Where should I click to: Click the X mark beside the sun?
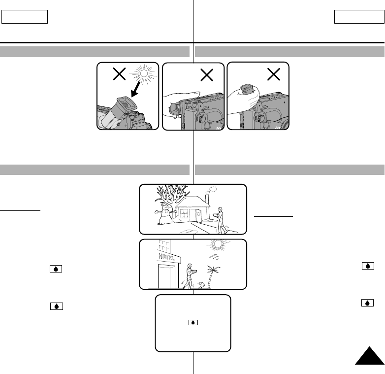[x=119, y=74]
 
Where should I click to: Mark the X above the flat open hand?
[x=207, y=75]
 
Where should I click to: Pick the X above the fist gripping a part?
[x=272, y=75]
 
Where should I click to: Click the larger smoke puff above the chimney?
[x=212, y=188]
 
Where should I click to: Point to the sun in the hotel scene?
[x=219, y=244]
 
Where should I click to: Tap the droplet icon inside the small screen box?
[x=193, y=322]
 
